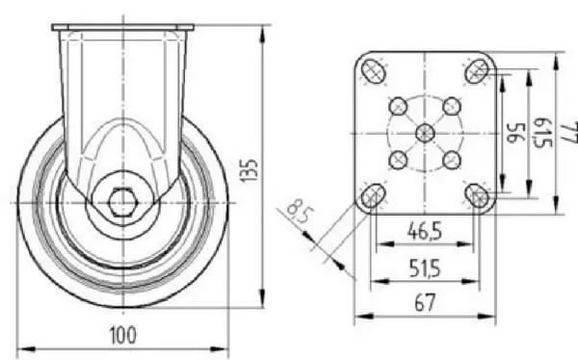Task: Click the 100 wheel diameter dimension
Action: pos(123,335)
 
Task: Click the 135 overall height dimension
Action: pos(249,170)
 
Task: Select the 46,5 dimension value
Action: pos(425,231)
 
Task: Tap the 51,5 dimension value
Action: pos(425,269)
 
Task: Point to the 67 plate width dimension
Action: pos(425,302)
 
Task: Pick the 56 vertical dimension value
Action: pos(516,132)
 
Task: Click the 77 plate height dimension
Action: pos(570,132)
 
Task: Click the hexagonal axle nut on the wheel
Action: pos(122,202)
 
